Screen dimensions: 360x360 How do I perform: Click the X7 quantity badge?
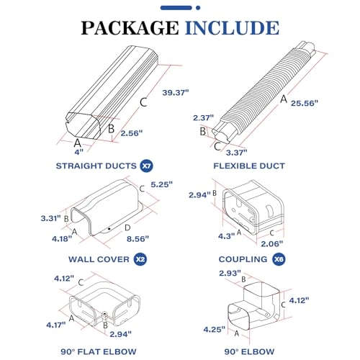[146, 166]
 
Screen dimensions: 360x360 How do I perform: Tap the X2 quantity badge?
[140, 258]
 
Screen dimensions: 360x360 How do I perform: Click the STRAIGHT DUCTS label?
[96, 166]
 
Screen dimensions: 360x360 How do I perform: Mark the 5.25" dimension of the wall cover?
[164, 184]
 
